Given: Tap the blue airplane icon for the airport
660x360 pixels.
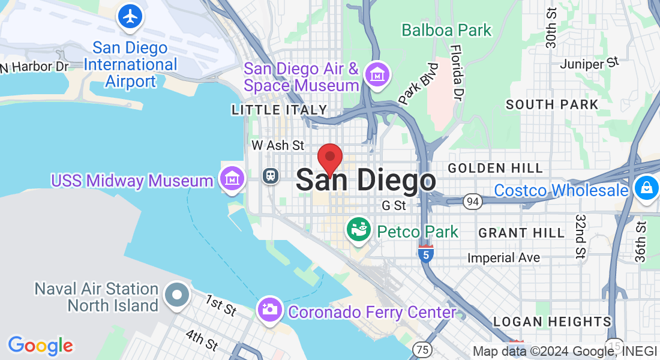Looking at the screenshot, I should click(x=130, y=16).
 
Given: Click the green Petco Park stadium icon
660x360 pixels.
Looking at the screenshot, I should click(x=359, y=230).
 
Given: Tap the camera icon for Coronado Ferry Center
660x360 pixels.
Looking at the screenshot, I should click(x=270, y=310).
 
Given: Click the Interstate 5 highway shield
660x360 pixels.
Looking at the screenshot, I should click(x=425, y=254).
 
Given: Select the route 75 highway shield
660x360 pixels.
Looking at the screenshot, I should click(x=422, y=349).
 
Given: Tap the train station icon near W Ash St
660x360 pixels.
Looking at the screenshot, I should click(x=271, y=176).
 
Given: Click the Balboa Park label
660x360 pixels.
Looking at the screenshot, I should click(x=446, y=30).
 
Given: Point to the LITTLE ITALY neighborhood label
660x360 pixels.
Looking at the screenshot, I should click(x=280, y=110).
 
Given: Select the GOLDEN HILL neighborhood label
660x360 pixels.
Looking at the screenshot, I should click(x=495, y=168).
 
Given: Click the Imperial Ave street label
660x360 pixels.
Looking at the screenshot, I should click(x=504, y=258).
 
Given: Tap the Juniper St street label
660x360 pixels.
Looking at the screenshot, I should click(x=589, y=62).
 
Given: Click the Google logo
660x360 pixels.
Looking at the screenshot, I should click(x=40, y=346).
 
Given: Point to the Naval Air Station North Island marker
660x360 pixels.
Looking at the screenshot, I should click(x=177, y=295).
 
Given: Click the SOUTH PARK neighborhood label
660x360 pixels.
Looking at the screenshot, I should click(x=552, y=104).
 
